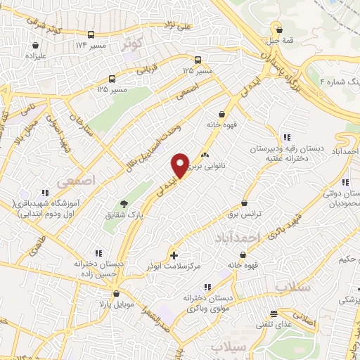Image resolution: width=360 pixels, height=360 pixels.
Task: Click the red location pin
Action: point(180,165)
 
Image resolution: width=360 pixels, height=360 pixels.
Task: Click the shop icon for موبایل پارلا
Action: point(116,294)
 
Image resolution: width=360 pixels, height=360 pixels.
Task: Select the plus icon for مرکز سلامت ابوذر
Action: point(174,254)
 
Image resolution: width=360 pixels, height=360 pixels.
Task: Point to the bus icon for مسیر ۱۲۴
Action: point(91,34)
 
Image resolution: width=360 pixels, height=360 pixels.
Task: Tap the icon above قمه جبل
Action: point(281,30)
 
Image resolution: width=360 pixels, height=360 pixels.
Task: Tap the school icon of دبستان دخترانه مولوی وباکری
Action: point(207,287)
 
